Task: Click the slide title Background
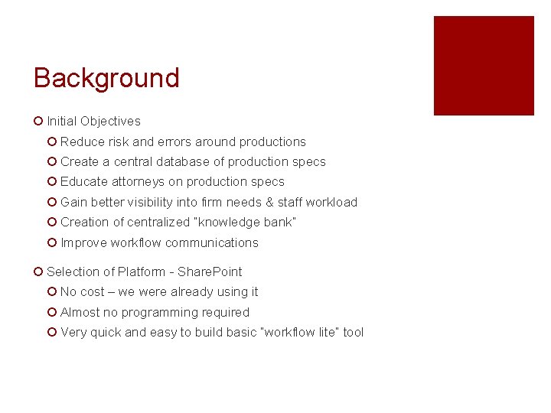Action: pyautogui.click(x=106, y=78)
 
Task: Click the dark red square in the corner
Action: pyautogui.click(x=484, y=66)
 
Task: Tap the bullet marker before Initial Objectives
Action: pyautogui.click(x=38, y=121)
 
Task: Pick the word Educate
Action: pyautogui.click(x=84, y=182)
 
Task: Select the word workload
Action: pyautogui.click(x=331, y=202)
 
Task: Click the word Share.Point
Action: pyautogui.click(x=210, y=272)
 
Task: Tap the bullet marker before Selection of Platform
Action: pyautogui.click(x=38, y=272)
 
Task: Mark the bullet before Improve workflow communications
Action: pyautogui.click(x=51, y=242)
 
